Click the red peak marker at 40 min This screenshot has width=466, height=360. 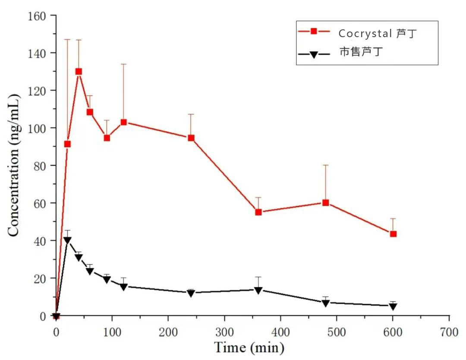point(79,72)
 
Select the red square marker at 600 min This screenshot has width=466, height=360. point(393,234)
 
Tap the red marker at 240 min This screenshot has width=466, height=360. point(191,138)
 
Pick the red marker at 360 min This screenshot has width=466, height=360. point(258,212)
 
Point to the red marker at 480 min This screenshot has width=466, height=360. point(326,202)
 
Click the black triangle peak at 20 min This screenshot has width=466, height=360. point(67,240)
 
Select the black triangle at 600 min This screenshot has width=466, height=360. point(393,306)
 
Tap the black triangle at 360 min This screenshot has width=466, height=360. point(258,290)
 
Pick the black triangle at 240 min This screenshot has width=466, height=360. point(191,293)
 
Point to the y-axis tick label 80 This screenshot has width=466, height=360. point(39,166)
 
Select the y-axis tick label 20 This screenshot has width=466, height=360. point(39,278)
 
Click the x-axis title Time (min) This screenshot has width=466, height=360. point(249,347)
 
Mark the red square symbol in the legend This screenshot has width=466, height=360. point(314,31)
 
